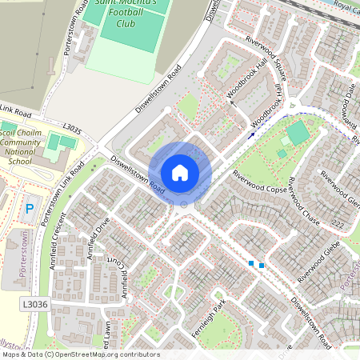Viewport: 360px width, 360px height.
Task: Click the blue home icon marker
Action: (180, 172)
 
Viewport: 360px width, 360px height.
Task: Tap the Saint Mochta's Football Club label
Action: (131, 14)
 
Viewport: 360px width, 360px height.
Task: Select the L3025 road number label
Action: (70, 128)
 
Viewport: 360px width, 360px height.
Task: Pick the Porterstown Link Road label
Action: (63, 196)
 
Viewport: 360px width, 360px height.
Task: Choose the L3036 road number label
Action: (36, 304)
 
